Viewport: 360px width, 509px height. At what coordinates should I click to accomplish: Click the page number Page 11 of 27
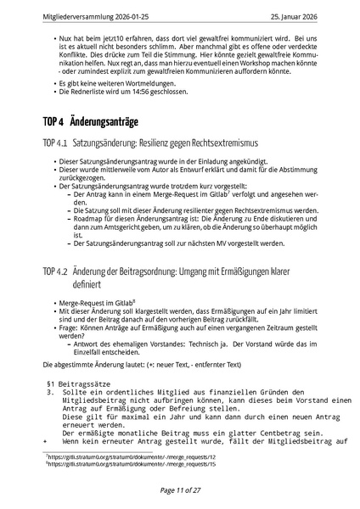(179, 490)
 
